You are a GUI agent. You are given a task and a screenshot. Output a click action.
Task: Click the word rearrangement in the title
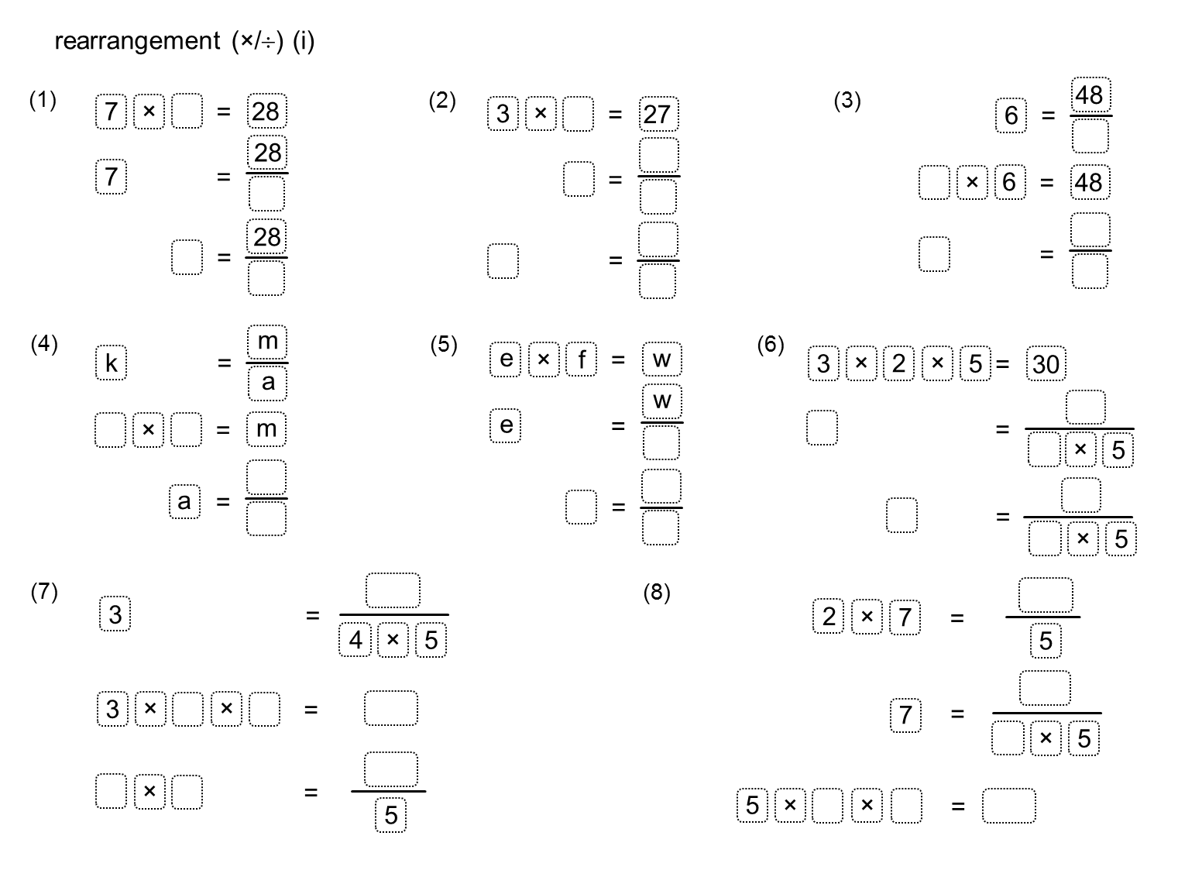(137, 41)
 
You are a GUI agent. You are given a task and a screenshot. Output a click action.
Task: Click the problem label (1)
(43, 101)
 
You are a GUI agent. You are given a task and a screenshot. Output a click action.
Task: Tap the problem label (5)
(444, 345)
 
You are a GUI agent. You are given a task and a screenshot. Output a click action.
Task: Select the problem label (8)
(657, 593)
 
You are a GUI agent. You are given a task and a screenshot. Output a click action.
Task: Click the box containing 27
(658, 114)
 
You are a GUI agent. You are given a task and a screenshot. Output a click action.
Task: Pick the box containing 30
(1046, 364)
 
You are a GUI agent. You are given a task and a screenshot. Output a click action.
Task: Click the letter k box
(111, 363)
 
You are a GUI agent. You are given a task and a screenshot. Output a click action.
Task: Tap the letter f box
(581, 359)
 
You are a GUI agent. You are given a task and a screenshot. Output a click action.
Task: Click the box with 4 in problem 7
(355, 640)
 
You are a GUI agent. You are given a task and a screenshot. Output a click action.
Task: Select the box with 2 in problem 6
(899, 363)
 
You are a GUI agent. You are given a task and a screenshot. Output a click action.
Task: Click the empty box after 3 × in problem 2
(578, 114)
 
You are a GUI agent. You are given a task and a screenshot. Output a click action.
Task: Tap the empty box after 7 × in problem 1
(187, 111)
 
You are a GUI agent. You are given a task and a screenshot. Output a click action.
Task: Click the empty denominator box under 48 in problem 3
(1090, 136)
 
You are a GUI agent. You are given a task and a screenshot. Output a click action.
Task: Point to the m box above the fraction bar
(267, 342)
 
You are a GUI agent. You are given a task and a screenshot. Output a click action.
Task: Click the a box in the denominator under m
(267, 383)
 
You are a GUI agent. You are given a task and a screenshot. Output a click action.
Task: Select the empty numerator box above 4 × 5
(393, 590)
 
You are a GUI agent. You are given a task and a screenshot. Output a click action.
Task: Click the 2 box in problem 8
(829, 616)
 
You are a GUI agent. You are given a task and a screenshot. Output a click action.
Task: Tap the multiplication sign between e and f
(544, 359)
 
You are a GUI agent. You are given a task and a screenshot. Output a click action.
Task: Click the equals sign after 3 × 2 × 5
(1002, 364)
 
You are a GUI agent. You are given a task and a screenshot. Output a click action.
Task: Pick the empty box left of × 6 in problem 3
(934, 182)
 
